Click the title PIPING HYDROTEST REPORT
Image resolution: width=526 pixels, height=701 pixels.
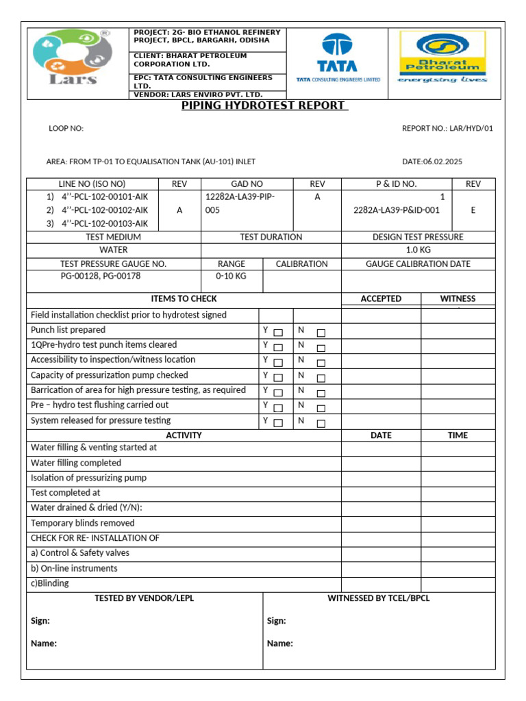264,105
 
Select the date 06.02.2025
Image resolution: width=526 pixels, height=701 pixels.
437,162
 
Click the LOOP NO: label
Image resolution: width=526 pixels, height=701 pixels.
66,128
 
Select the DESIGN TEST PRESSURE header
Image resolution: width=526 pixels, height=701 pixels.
418,237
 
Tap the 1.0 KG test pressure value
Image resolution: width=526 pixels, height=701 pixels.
418,250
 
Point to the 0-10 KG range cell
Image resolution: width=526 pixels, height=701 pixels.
231,277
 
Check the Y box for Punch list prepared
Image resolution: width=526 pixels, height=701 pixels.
278,333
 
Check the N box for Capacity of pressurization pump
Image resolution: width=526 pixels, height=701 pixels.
321,378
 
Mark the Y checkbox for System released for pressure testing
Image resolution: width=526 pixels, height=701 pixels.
278,423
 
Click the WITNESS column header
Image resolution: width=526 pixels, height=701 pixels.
458,298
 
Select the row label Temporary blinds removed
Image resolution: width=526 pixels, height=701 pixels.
83,523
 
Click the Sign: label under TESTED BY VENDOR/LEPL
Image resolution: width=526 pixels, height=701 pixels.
40,621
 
